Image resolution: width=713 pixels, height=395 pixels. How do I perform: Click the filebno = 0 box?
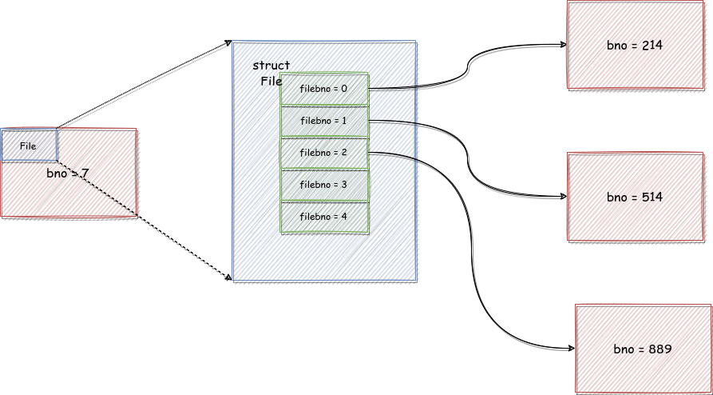click(324, 89)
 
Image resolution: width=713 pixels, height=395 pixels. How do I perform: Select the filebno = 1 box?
click(324, 122)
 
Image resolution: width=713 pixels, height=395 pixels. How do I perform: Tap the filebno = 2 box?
click(324, 153)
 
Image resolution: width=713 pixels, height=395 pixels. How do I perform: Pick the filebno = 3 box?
click(324, 185)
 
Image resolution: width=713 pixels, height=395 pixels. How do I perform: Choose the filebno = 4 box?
click(324, 217)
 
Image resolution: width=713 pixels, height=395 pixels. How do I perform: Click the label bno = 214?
click(634, 45)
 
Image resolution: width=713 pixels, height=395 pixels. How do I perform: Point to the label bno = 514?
click(634, 197)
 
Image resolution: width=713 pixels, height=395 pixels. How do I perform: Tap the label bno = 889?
click(643, 349)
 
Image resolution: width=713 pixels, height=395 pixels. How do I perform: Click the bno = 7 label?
click(67, 174)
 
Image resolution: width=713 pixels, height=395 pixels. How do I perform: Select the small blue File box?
click(29, 146)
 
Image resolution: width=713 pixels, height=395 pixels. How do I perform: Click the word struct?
click(271, 66)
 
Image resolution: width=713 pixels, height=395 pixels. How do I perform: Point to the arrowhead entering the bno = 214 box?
click(564, 44)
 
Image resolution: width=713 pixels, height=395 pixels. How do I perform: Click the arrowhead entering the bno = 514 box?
click(564, 197)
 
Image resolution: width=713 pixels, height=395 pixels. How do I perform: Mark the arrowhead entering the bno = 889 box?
click(572, 349)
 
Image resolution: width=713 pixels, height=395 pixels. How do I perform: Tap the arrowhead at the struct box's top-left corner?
click(228, 42)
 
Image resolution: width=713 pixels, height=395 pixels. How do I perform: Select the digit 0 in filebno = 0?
click(344, 89)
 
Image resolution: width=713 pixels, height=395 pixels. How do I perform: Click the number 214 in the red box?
click(652, 45)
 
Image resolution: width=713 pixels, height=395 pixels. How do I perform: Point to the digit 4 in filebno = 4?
click(344, 217)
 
